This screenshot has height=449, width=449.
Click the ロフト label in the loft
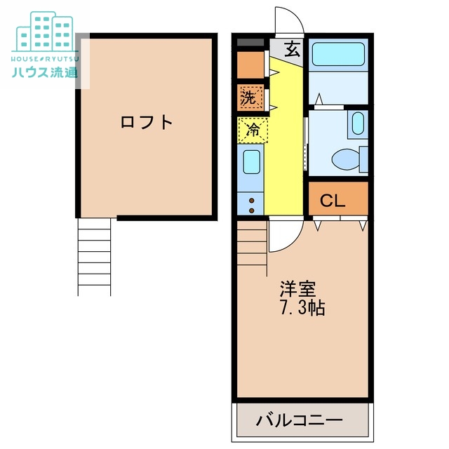[146, 122]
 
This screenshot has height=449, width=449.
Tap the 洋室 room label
[297, 288]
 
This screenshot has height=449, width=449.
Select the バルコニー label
[299, 421]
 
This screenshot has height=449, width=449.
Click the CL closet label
[333, 201]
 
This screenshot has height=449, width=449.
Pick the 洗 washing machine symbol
[249, 97]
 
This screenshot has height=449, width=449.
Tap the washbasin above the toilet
[357, 124]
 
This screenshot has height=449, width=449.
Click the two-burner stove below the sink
[250, 203]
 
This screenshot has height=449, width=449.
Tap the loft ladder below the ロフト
[95, 255]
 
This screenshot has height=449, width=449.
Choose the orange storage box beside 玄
[249, 65]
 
